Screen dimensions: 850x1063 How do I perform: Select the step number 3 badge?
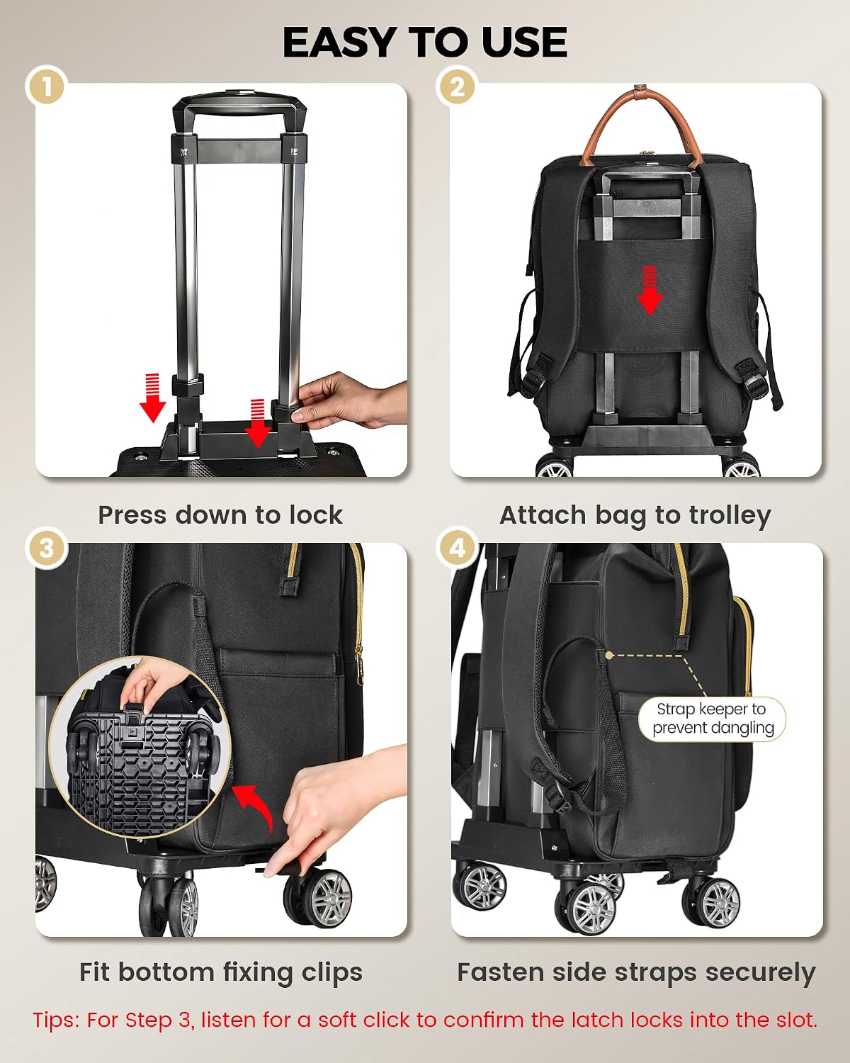tap(46, 549)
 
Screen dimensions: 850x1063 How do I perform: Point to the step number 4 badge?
tap(458, 549)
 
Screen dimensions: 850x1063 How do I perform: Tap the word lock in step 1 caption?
tap(316, 515)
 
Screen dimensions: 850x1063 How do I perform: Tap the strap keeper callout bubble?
tap(712, 719)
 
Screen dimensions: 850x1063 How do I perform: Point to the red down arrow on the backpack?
tap(650, 289)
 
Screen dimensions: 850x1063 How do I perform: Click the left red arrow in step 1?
tap(152, 398)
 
